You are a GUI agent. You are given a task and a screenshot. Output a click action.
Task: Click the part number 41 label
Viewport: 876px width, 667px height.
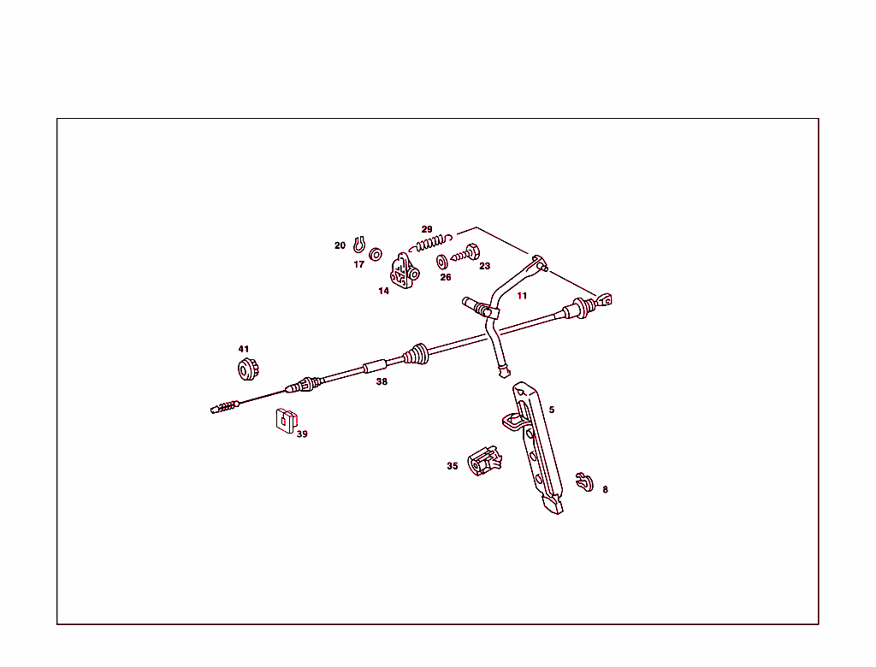point(244,349)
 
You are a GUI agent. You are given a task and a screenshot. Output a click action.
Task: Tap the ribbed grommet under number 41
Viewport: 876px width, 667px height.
point(248,369)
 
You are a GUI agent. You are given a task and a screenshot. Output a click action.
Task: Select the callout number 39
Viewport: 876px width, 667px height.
point(302,434)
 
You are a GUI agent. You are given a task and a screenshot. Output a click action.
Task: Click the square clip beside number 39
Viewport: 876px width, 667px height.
point(286,421)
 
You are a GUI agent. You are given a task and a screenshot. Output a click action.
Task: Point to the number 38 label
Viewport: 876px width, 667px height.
point(382,381)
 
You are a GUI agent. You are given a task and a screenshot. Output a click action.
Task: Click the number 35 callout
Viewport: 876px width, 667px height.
point(453,466)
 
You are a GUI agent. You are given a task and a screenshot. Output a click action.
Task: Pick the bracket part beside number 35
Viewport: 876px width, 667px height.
point(484,460)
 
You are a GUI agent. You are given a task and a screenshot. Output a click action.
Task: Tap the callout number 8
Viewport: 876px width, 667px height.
point(605,489)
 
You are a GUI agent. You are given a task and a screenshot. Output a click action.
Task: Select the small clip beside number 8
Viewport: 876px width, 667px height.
point(584,481)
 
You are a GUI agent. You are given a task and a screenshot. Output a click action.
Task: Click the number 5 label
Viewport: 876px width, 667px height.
point(552,410)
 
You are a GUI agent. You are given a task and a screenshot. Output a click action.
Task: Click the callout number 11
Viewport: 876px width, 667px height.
point(522,296)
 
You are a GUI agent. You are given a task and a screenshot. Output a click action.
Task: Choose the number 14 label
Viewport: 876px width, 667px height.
point(383,291)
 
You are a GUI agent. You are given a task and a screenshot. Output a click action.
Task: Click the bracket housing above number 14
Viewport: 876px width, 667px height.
point(404,271)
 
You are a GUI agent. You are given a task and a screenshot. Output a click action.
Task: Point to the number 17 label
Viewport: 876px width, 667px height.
point(358,264)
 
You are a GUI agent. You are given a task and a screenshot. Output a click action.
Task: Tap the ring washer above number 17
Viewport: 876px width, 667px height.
point(376,255)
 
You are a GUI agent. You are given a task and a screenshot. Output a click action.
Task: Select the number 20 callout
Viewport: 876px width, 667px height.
point(340,245)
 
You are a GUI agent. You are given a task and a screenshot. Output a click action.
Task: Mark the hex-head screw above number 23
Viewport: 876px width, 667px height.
point(465,254)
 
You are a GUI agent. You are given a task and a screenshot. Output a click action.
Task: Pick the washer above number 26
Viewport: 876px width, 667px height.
point(442,262)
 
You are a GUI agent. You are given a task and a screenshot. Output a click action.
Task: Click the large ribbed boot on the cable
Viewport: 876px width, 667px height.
point(417,355)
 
